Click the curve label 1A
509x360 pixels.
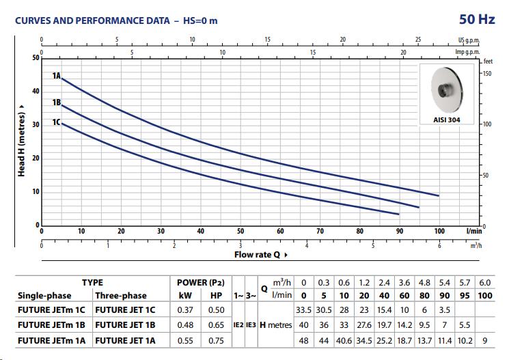pos(57,76)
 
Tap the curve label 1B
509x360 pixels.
pos(57,102)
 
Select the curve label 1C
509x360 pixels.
pos(57,122)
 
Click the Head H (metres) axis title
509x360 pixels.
pos(22,140)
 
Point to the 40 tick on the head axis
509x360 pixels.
pos(36,92)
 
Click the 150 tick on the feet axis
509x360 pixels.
pos(487,73)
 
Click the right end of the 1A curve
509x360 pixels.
pos(439,195)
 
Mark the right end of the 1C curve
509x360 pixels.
pos(399,214)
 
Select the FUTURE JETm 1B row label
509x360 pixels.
pos(51,325)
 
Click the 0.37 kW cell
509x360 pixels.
pos(184,310)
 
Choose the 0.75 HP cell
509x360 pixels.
pos(216,340)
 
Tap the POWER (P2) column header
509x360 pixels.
pos(201,282)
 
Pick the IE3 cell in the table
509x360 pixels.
pos(251,325)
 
